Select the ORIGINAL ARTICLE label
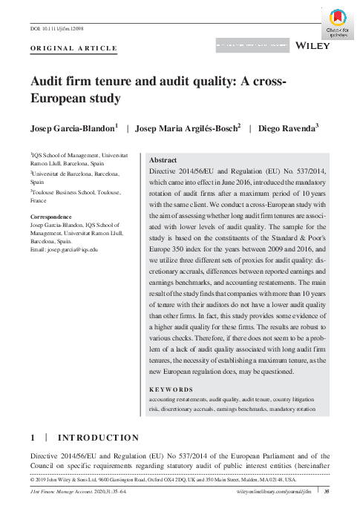73,48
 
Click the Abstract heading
163,160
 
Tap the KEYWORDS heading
171,389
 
